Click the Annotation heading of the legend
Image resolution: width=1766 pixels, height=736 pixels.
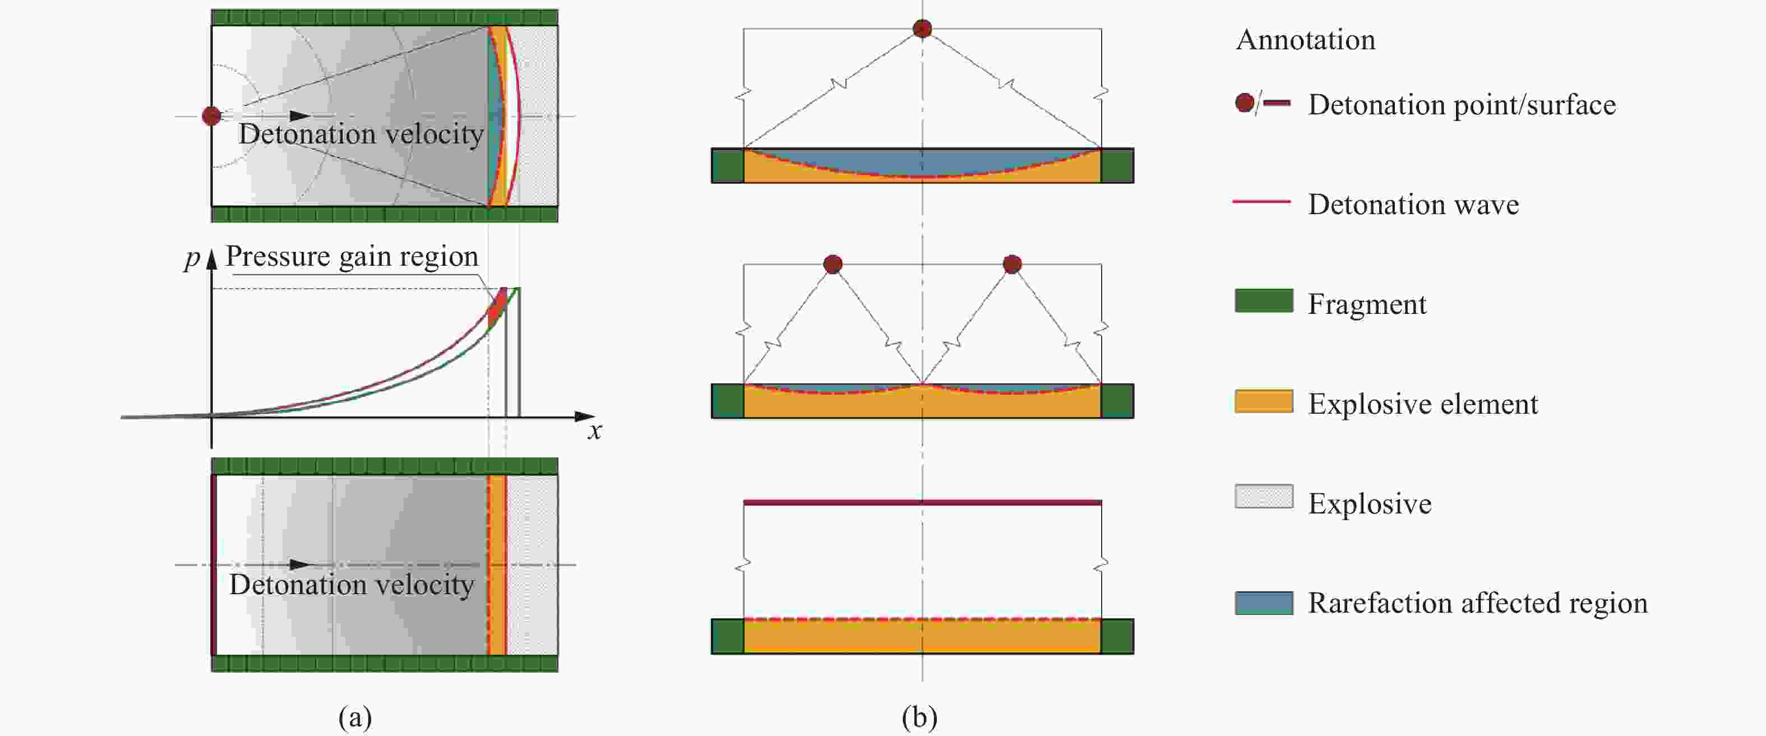pyautogui.click(x=1305, y=40)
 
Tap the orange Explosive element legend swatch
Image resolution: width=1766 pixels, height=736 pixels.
pyautogui.click(x=1264, y=401)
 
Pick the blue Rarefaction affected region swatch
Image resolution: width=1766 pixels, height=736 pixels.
pyautogui.click(x=1264, y=603)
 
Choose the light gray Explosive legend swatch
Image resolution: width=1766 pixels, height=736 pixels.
pyautogui.click(x=1264, y=496)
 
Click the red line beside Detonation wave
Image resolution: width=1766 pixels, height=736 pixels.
pyautogui.click(x=1261, y=201)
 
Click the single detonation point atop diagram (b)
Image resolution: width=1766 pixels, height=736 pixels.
pyautogui.click(x=923, y=28)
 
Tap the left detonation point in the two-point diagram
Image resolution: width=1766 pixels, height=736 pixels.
pyautogui.click(x=833, y=264)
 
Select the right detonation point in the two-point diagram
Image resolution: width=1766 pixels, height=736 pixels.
pyautogui.click(x=1012, y=264)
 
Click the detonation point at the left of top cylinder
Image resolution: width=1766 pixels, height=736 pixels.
pyautogui.click(x=212, y=116)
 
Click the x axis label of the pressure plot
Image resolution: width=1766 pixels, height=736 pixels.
pyautogui.click(x=595, y=431)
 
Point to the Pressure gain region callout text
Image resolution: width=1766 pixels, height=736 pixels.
pyautogui.click(x=352, y=256)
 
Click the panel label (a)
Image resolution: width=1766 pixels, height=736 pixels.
pyautogui.click(x=355, y=717)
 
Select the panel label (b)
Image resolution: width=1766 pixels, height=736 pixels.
pyautogui.click(x=919, y=717)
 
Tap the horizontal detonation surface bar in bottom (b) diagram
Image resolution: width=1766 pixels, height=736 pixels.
pyautogui.click(x=923, y=502)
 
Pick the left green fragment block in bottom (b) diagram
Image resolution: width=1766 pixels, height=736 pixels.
pyautogui.click(x=727, y=636)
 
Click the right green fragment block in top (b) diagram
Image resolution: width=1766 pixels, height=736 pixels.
pyautogui.click(x=1117, y=165)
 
